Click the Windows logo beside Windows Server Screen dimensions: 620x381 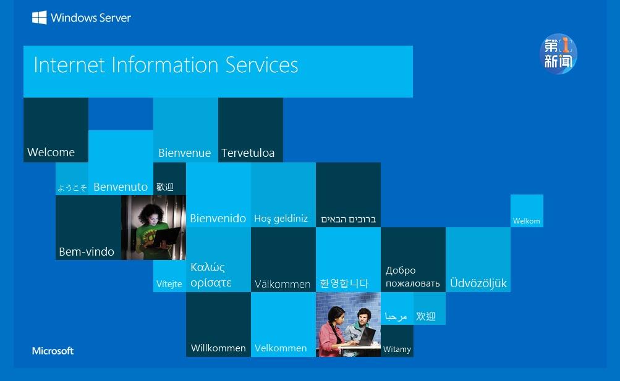point(39,17)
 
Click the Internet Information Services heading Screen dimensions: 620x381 point(166,65)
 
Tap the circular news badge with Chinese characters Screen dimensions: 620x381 point(558,54)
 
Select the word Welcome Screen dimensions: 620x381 point(51,152)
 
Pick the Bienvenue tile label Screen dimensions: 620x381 point(185,153)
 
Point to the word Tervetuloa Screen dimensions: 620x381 point(248,153)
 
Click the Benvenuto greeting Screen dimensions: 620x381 point(121,186)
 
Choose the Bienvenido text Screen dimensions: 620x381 point(218,219)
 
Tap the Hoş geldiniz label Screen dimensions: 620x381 point(281,219)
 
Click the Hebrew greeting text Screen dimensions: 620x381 point(349,219)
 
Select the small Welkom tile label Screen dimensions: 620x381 point(526,221)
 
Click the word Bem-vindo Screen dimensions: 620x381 point(87,251)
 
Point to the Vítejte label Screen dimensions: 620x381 point(169,284)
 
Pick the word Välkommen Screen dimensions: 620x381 point(282,284)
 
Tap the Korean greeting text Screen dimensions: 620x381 point(344,283)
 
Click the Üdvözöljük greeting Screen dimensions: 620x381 point(478,283)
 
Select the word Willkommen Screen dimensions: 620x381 point(218,348)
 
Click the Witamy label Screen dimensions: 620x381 point(397,349)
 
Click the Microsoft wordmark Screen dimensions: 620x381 point(53,351)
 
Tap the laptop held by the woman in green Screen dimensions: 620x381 point(166,237)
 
